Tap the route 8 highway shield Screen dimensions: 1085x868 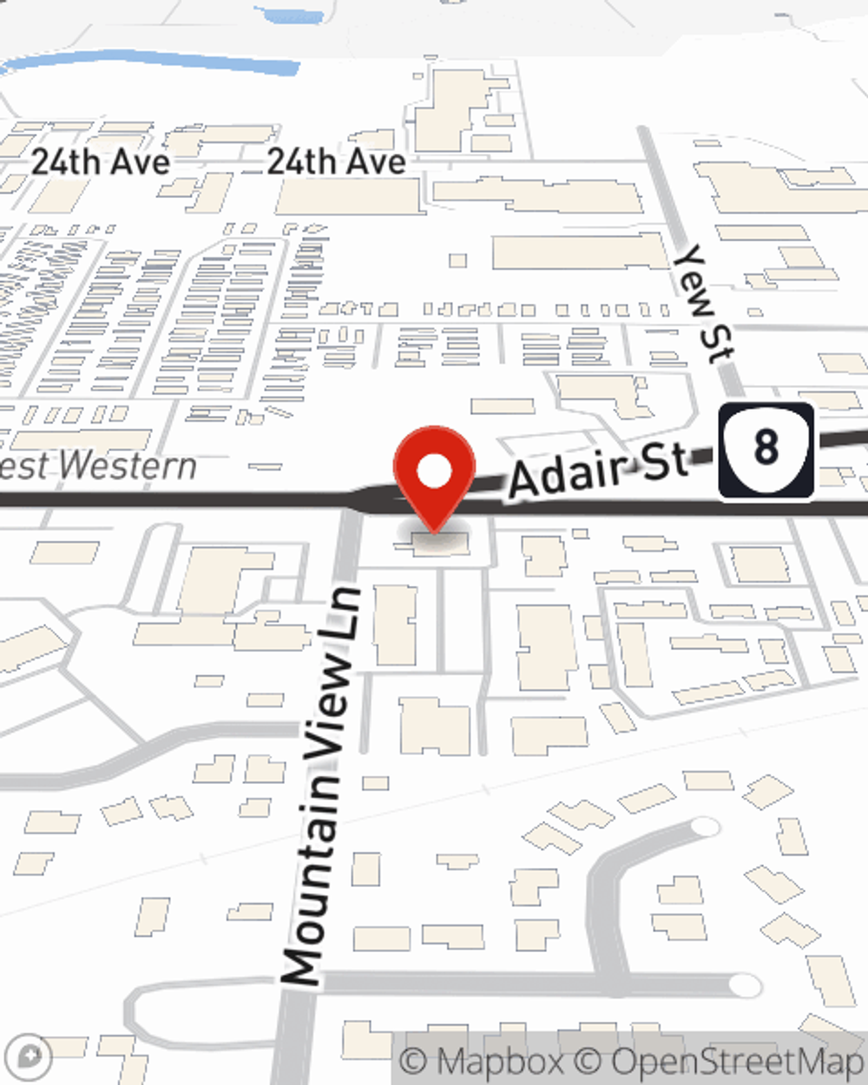click(766, 450)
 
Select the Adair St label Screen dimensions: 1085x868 click(599, 470)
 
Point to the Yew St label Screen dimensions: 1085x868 click(705, 303)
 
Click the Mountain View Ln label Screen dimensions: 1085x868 click(321, 786)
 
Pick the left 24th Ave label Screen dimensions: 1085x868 click(101, 161)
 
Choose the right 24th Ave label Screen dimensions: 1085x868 click(336, 161)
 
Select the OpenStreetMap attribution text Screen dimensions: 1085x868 click(736, 1061)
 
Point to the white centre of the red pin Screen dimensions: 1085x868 click(435, 472)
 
